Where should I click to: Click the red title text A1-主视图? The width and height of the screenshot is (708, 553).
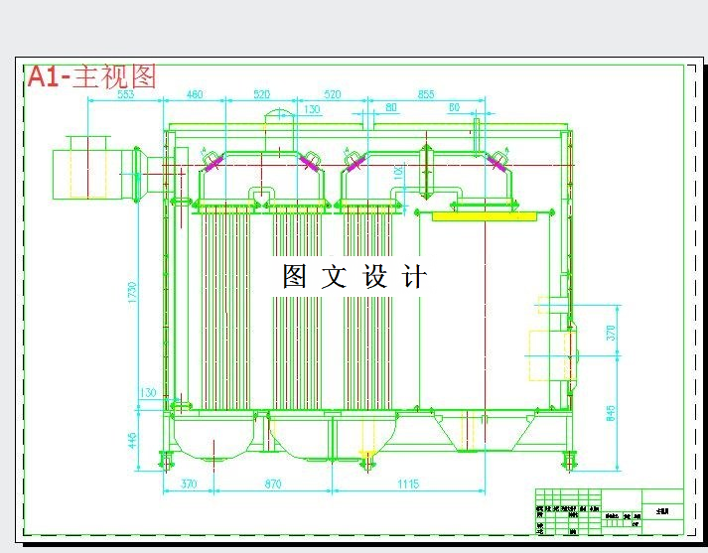coord(92,76)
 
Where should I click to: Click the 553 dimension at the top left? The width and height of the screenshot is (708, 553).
coord(126,95)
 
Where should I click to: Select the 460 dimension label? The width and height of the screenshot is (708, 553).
coord(195,95)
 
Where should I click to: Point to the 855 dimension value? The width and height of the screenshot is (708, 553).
coord(426,95)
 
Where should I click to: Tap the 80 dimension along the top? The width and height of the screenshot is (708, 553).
coord(391,107)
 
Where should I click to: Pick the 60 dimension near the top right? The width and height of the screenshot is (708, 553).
coord(455,107)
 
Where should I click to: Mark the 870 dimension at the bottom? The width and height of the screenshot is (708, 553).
coord(269,484)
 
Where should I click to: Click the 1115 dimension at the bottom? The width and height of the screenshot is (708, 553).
coord(408,484)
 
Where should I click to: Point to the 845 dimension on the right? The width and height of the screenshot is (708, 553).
coord(611,411)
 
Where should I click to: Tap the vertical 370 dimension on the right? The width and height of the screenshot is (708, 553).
coord(611,333)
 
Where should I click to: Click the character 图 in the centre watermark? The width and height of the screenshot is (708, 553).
coord(294,276)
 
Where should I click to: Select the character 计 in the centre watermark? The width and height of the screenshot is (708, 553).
coord(416,276)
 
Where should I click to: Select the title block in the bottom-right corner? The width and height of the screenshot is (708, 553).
coord(609,512)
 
